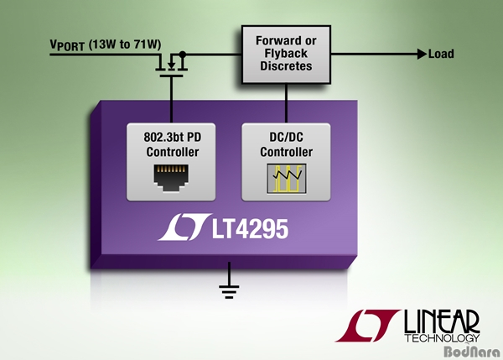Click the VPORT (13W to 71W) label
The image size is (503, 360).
[x=106, y=44]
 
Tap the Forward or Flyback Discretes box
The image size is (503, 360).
[x=286, y=55]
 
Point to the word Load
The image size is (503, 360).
[x=441, y=54]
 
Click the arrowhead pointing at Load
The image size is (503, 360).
[x=423, y=54]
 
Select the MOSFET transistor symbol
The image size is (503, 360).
[x=171, y=65]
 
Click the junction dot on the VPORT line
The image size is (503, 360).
[x=182, y=54]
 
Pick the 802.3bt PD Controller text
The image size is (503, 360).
[x=173, y=144]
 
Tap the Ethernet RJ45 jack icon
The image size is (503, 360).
[x=171, y=178]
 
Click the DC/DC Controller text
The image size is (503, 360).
[x=286, y=144]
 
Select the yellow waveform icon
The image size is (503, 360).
[x=287, y=179]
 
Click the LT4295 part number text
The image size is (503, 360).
[x=250, y=229]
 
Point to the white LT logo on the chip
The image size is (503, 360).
[x=184, y=227]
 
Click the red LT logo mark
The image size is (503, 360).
[x=367, y=326]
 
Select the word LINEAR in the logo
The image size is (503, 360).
[x=442, y=321]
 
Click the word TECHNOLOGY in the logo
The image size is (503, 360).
[x=442, y=338]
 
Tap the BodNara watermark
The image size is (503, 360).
[x=473, y=352]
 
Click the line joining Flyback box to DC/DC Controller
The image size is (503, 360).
[x=286, y=103]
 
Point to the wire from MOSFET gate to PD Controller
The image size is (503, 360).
[x=171, y=100]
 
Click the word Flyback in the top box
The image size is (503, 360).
[x=286, y=54]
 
